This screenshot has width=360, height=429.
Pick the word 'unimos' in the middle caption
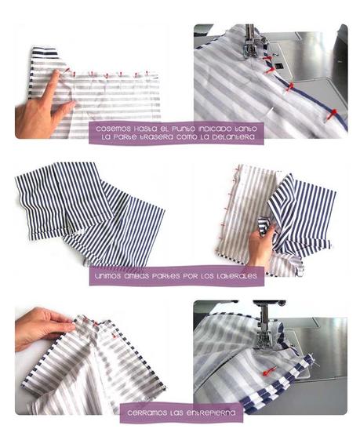[x=109, y=276]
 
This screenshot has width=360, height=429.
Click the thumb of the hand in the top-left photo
[x=67, y=107]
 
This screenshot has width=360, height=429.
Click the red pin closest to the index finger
[x=67, y=73]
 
